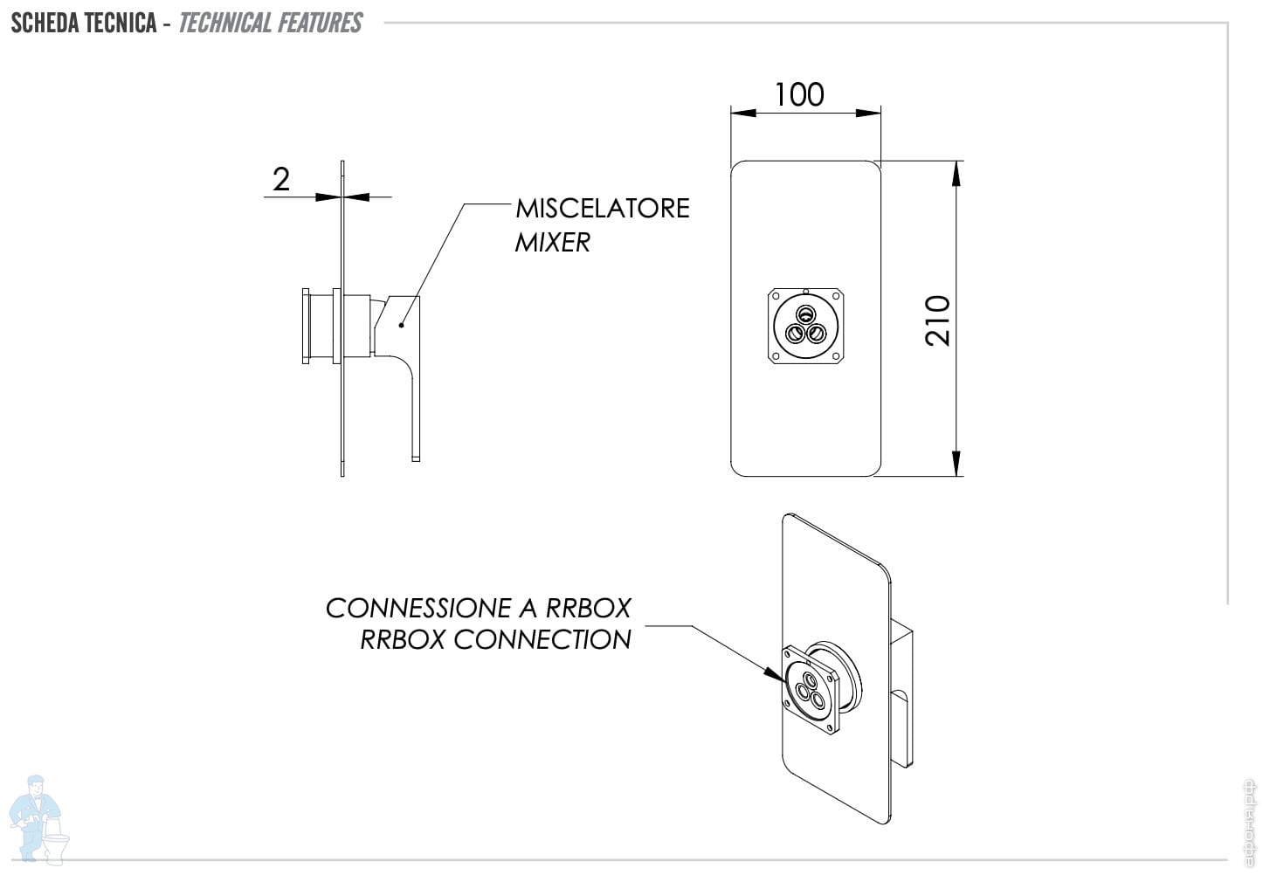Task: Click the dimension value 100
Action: coord(799,94)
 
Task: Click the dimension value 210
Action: coord(938,320)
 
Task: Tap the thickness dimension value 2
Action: coord(280,179)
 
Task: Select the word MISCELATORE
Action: coord(602,208)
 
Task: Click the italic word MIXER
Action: coord(552,242)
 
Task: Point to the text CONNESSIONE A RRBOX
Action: coord(478,608)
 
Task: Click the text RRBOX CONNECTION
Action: coord(495,639)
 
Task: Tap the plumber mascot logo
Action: coord(38,816)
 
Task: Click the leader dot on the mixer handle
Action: coord(401,325)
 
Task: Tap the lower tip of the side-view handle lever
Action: coord(416,457)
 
